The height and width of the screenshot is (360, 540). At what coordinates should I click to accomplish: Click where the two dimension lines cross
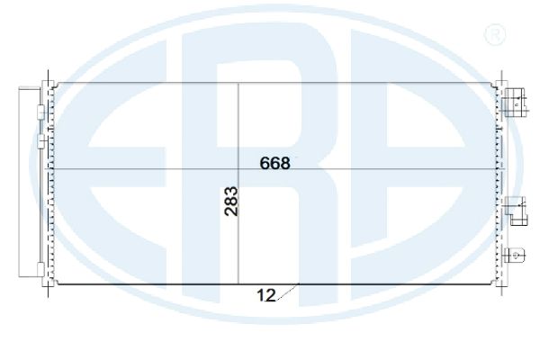point(238,168)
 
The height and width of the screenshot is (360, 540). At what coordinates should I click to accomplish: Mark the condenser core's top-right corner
point(496,85)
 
